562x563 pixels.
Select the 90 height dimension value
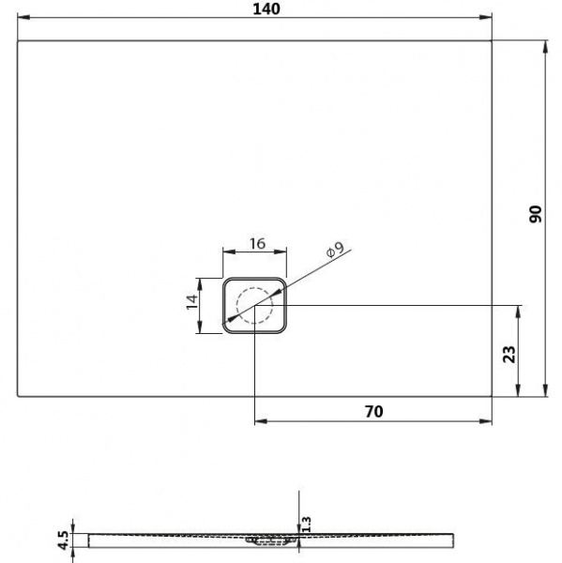[x=534, y=213]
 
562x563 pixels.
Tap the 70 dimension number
[x=373, y=411]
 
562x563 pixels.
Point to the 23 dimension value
[x=509, y=354]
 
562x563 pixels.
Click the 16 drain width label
[x=256, y=244]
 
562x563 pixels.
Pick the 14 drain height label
[x=191, y=302]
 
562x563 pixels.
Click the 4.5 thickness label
[x=62, y=540]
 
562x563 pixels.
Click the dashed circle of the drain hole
[x=254, y=306]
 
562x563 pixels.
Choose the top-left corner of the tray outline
[x=19, y=40]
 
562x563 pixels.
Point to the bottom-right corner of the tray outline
[x=493, y=395]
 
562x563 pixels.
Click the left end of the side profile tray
[x=89, y=539]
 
